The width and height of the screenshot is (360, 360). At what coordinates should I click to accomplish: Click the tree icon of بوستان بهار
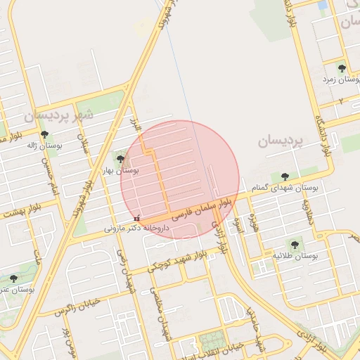pos(120,160)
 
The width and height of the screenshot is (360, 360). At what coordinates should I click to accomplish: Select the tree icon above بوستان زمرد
pos(342,68)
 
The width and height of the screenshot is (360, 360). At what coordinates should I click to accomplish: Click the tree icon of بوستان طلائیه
pos(295,245)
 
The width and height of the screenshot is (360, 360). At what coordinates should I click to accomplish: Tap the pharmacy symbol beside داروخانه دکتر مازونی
pos(136,217)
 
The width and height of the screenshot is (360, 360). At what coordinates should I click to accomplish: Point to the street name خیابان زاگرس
pos(73,308)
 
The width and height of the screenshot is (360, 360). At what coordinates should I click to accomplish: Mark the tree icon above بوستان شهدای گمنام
pos(285,176)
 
